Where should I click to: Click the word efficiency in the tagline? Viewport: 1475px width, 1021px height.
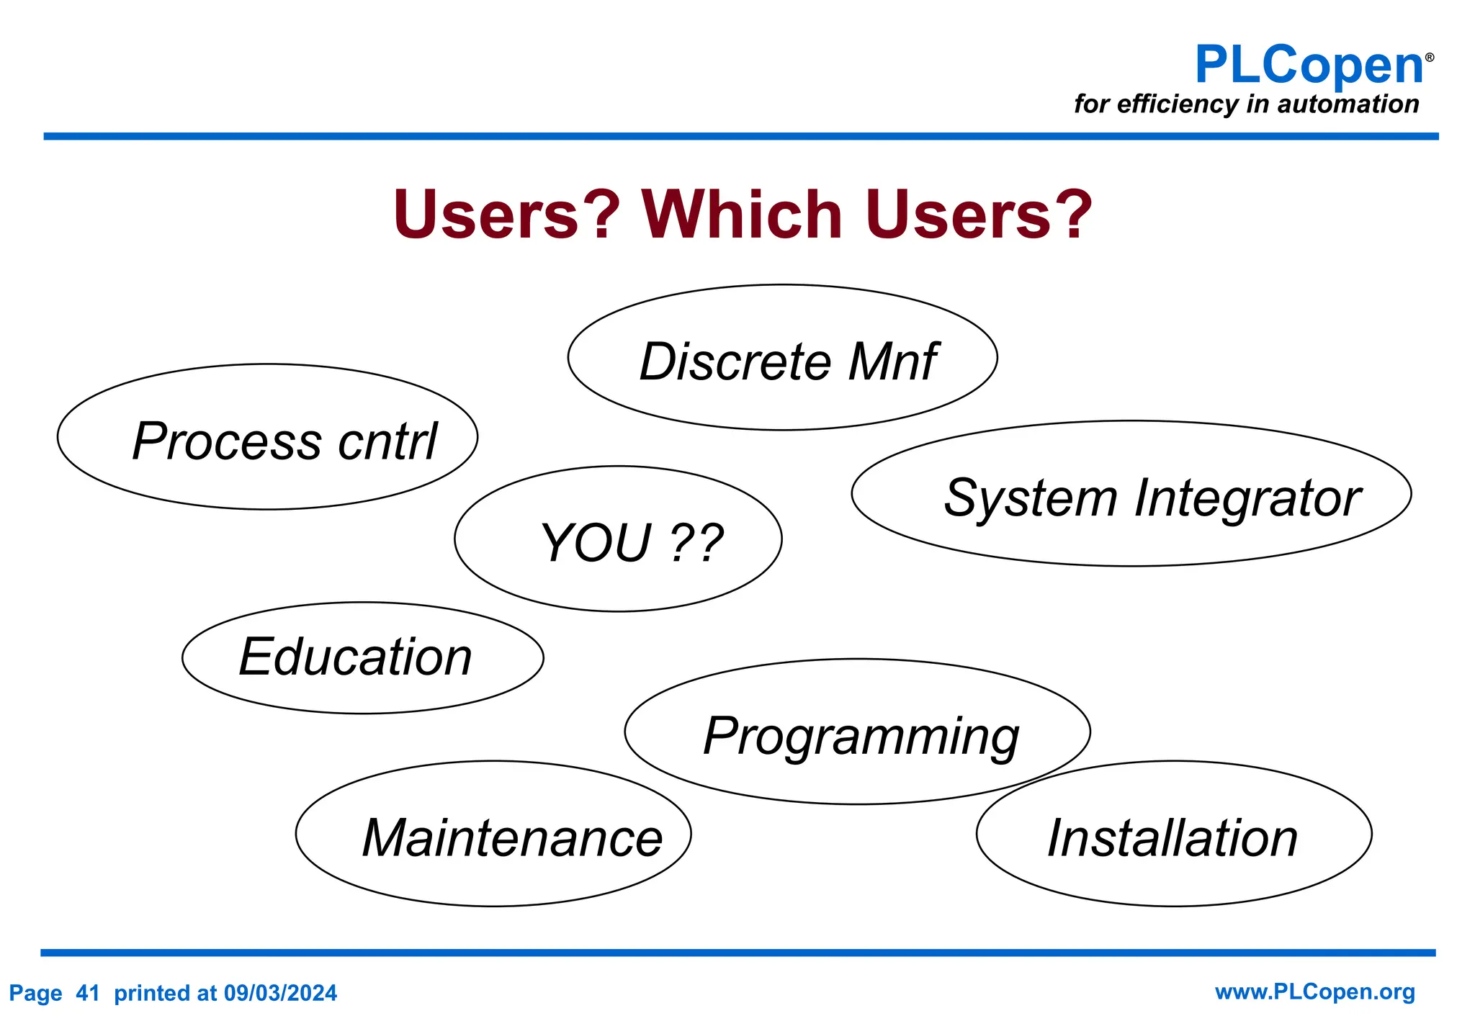point(1177,104)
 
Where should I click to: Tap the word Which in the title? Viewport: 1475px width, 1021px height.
point(742,215)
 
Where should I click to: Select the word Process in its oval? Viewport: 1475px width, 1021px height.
point(227,441)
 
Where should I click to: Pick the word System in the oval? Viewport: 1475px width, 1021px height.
point(1030,498)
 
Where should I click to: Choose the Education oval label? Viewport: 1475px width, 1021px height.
point(355,657)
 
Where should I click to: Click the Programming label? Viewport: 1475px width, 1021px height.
point(861,737)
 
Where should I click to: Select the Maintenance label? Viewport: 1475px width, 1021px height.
point(512,838)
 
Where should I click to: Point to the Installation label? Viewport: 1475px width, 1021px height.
point(1172,838)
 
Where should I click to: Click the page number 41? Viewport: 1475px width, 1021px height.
point(87,994)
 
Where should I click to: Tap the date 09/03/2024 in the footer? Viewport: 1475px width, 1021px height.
point(280,994)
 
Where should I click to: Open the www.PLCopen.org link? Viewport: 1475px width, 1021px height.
point(1314,992)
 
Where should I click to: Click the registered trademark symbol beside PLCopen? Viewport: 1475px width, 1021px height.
point(1429,58)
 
